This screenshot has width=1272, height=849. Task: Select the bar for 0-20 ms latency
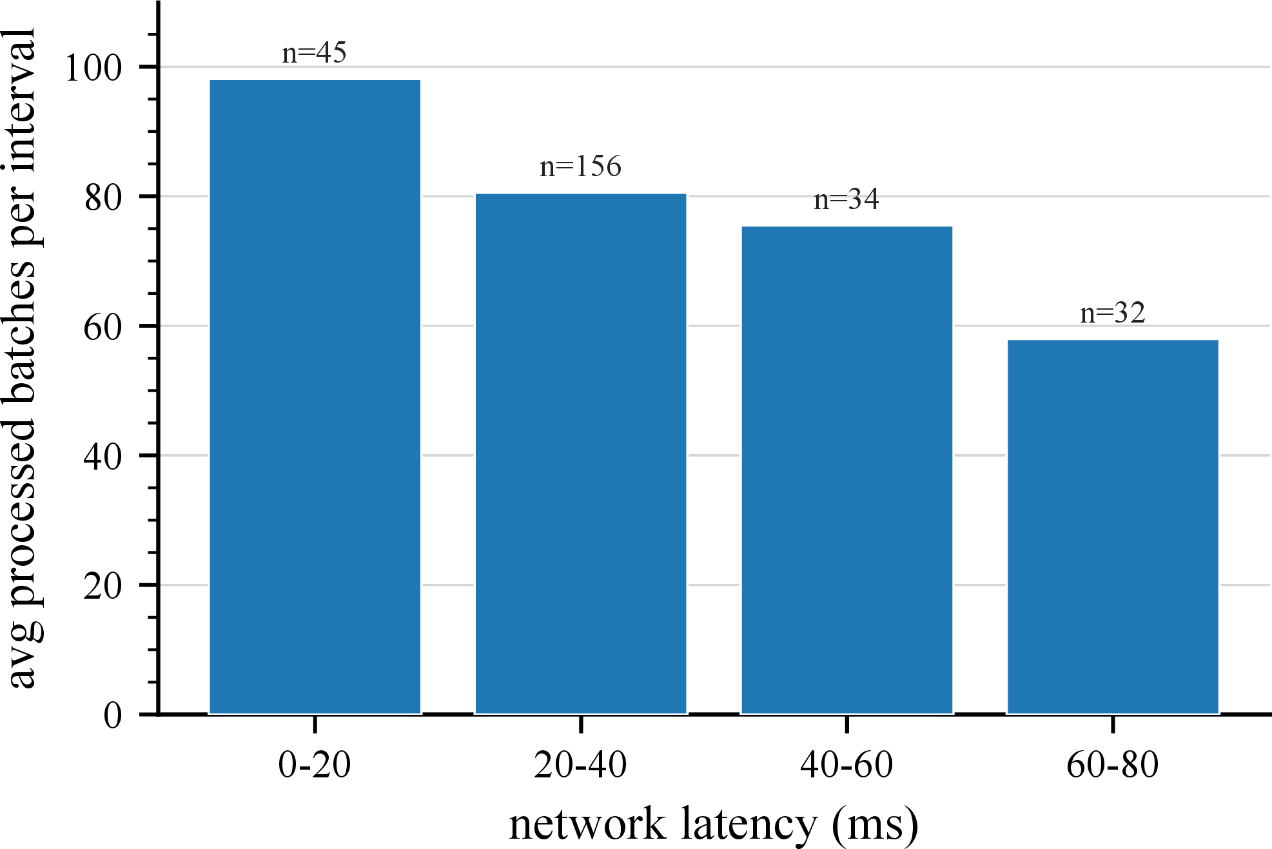pos(315,397)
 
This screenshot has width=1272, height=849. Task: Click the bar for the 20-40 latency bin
pos(581,454)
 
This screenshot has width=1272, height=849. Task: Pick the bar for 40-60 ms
pos(847,470)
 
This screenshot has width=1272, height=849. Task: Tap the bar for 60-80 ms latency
pos(1113,527)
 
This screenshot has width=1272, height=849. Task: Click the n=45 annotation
pos(315,53)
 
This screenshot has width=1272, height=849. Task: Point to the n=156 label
pos(581,166)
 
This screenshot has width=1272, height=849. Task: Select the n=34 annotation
pos(847,199)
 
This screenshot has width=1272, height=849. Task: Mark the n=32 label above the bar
pos(1113,313)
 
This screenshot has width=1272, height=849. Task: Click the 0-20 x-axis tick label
pos(315,765)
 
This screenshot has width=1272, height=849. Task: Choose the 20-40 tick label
pos(581,765)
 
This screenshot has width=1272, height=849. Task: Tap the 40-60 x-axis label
pos(847,765)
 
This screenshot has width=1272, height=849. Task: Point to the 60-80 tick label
pos(1113,765)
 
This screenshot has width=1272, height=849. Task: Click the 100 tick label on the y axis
pos(93,67)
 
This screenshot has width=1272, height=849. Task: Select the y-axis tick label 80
pos(103,197)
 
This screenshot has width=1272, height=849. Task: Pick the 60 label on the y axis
pos(103,326)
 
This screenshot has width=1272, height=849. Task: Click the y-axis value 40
pos(103,456)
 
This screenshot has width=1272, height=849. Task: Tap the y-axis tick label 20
pos(103,586)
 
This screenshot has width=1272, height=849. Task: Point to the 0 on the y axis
pos(113,715)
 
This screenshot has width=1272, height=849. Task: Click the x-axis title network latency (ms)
pos(714,824)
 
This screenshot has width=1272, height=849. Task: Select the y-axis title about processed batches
pos(23,358)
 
